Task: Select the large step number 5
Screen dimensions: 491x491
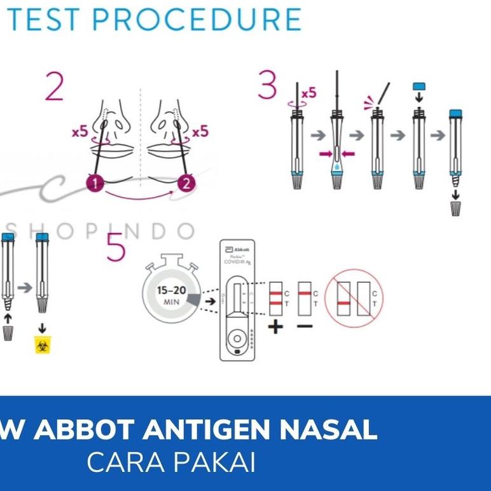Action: (116, 247)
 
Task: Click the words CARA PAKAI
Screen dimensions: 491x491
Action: (171, 463)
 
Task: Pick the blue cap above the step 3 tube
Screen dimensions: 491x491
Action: (418, 86)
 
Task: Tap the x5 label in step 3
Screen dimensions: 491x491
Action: (308, 93)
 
